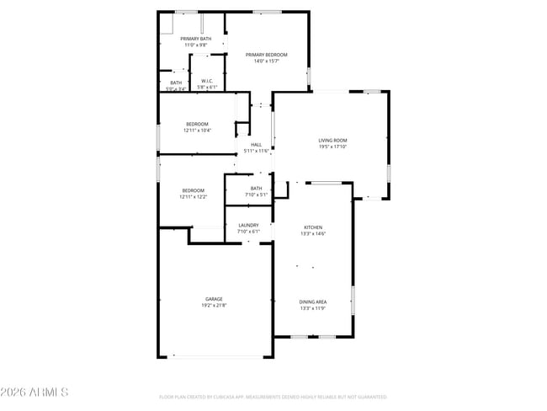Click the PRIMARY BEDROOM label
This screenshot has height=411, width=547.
[x=266, y=55]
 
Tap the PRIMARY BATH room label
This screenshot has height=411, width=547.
[x=195, y=39]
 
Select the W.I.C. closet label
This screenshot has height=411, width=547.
[x=207, y=81]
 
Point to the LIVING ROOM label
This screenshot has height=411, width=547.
[x=332, y=141]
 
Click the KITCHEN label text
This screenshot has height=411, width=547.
[x=314, y=227]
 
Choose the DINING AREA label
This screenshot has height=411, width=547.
[x=313, y=302]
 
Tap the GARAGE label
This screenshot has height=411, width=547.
[x=213, y=299]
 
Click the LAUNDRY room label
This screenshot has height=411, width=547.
[x=248, y=225]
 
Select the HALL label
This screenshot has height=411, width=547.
[x=256, y=145]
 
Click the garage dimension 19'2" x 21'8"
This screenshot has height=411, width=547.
[x=213, y=305]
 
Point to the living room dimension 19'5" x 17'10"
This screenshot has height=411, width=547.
[x=332, y=147]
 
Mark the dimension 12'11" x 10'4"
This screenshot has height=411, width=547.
[x=197, y=131]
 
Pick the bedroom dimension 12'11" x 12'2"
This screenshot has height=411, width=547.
[x=193, y=197]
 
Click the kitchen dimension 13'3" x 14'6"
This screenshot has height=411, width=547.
[x=314, y=233]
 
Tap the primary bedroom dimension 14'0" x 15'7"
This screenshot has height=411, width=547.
[x=266, y=61]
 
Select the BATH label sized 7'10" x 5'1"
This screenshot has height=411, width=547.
[x=256, y=189]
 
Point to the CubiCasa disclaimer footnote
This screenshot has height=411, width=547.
[x=273, y=397]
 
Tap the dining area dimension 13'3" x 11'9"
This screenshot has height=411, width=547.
[x=313, y=307]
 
